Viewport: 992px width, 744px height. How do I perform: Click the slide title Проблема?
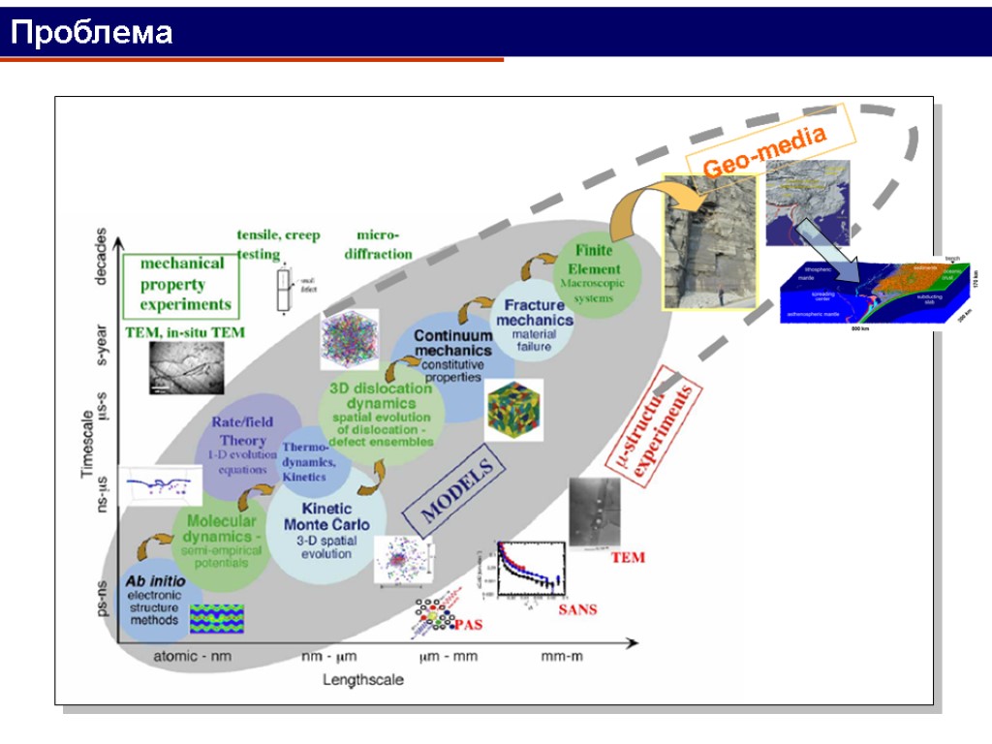pyautogui.click(x=92, y=35)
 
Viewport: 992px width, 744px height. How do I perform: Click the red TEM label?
pyautogui.click(x=627, y=558)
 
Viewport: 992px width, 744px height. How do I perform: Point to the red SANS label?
pyautogui.click(x=577, y=609)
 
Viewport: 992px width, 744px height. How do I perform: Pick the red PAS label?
pyautogui.click(x=468, y=625)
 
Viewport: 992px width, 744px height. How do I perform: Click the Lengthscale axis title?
pyautogui.click(x=362, y=680)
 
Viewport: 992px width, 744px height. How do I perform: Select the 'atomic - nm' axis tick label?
pyautogui.click(x=193, y=657)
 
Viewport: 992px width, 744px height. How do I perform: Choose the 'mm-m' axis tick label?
pyautogui.click(x=562, y=657)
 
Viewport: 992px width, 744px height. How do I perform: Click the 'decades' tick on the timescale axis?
pyautogui.click(x=102, y=258)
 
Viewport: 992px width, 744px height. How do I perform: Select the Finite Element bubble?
pyautogui.click(x=594, y=274)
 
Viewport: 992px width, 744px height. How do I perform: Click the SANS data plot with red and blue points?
pyautogui.click(x=523, y=576)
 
